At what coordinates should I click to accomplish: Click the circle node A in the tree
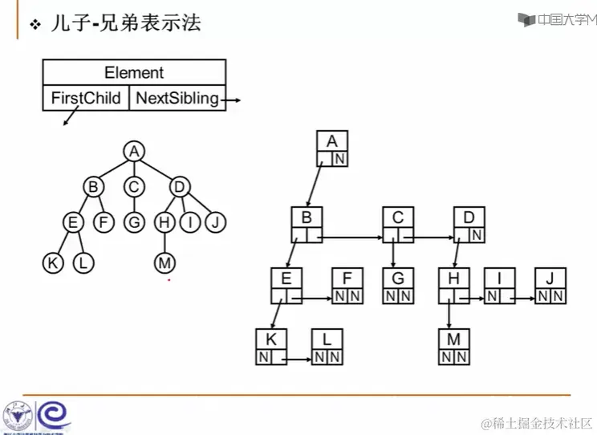[x=135, y=151]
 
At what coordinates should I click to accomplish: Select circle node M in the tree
[x=164, y=262]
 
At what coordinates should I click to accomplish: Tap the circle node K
[x=53, y=262]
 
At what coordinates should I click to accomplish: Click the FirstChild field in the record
[x=86, y=99]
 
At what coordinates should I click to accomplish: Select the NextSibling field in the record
[x=177, y=99]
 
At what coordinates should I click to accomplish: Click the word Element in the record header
[x=134, y=72]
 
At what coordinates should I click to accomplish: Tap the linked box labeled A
[x=332, y=149]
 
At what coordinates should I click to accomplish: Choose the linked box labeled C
[x=398, y=226]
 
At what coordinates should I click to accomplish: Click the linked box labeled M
[x=454, y=347]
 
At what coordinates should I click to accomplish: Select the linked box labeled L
[x=327, y=347]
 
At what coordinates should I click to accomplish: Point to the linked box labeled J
[x=550, y=286]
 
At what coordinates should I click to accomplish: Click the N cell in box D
[x=477, y=235]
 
